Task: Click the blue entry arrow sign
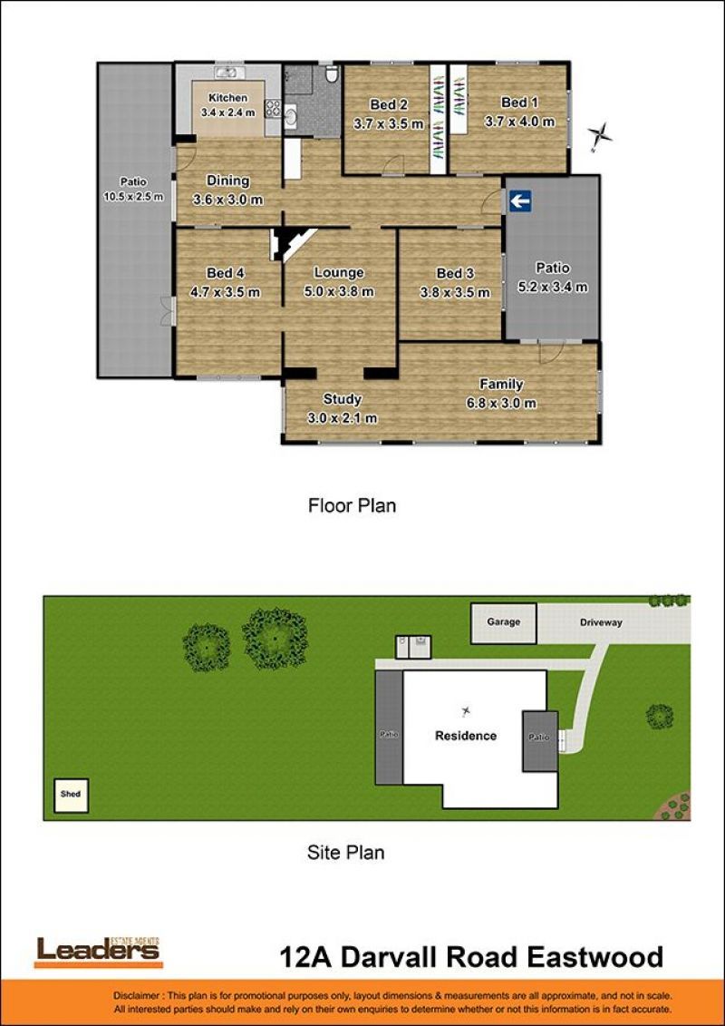(520, 201)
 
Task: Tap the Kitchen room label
(228, 97)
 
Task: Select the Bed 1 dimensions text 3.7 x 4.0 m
(519, 121)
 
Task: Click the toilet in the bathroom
(332, 74)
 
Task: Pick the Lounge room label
(339, 272)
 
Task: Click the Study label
(343, 398)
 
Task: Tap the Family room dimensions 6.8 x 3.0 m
(501, 403)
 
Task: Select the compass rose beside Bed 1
(599, 136)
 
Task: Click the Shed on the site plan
(71, 795)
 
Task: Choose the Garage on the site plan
(503, 623)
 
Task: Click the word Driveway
(601, 622)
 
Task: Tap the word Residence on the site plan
(466, 736)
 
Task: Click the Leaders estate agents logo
(98, 952)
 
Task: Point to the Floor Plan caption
(352, 505)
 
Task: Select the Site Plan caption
(346, 853)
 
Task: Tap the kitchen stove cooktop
(273, 108)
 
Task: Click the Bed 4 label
(225, 273)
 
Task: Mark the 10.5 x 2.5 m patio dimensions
(133, 196)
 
